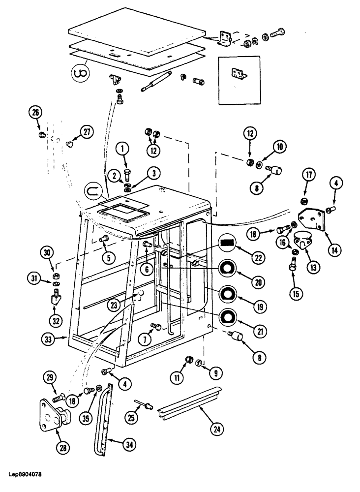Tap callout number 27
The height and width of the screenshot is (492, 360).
(x=87, y=132)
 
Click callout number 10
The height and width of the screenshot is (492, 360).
(x=279, y=147)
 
